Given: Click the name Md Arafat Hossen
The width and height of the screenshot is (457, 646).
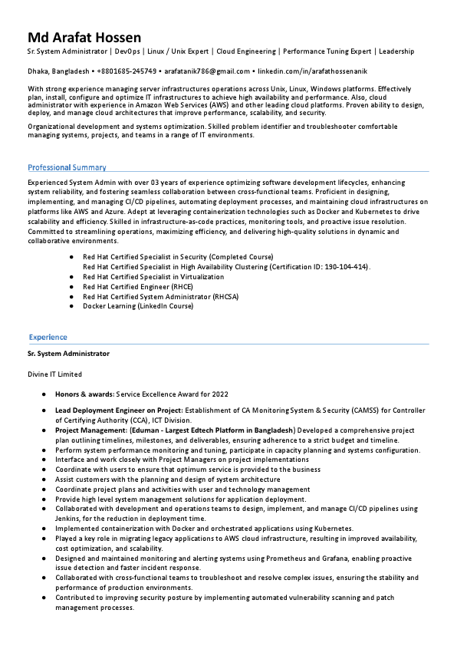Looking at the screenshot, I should [x=84, y=38].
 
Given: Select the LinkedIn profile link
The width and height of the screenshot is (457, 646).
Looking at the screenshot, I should [x=307, y=71].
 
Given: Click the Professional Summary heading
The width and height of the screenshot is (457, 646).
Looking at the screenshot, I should [x=67, y=167].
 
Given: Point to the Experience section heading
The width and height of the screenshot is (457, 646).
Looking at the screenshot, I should [x=48, y=337].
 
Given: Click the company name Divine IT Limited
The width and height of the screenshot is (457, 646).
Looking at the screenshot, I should [x=54, y=374].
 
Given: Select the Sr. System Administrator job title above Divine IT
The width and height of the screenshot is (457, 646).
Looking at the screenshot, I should [x=68, y=354].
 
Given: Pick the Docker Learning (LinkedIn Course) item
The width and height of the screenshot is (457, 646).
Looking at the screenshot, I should [x=138, y=306].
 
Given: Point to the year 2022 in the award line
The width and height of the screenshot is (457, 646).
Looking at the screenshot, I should [x=220, y=394].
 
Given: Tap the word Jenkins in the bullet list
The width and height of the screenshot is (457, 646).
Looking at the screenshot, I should [x=67, y=519].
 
